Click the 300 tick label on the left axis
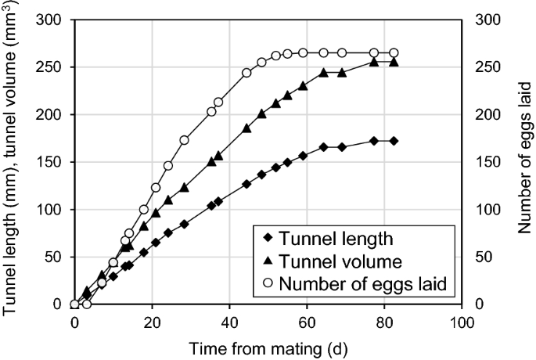(x=52, y=20)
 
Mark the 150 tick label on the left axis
(x=52, y=162)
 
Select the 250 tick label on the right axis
(x=489, y=67)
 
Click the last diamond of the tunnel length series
(x=394, y=141)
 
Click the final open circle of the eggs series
(x=394, y=52)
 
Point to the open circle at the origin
(x=74, y=304)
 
